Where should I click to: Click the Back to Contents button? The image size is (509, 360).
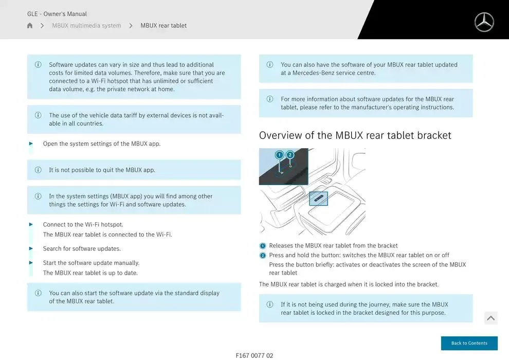point(469,343)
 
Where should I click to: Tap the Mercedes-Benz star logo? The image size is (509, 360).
point(484,22)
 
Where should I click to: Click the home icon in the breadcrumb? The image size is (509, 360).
point(30,25)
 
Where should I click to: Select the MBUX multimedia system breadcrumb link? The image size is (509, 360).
point(86,26)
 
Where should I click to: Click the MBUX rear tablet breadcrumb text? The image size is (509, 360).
point(163,26)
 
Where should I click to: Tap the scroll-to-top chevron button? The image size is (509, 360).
point(491,318)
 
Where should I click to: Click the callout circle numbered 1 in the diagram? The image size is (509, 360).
point(279,155)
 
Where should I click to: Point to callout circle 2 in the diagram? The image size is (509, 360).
point(290,155)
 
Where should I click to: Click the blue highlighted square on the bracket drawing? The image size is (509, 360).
point(318,199)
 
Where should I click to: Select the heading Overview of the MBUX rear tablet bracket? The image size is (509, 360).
point(355,135)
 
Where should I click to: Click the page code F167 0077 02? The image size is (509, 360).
point(254,355)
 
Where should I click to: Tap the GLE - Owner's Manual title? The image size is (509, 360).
point(57,14)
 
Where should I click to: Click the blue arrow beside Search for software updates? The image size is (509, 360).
point(31,248)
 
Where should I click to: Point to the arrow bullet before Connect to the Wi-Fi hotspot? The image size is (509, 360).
point(31,224)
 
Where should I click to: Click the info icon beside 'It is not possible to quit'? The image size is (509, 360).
point(38,170)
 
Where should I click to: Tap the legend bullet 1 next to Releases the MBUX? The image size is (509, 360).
point(263,246)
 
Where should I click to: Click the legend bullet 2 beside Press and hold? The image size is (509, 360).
point(263,256)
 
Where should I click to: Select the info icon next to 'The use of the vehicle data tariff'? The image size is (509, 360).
point(38,115)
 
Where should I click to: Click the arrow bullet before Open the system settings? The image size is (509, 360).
point(31,143)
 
